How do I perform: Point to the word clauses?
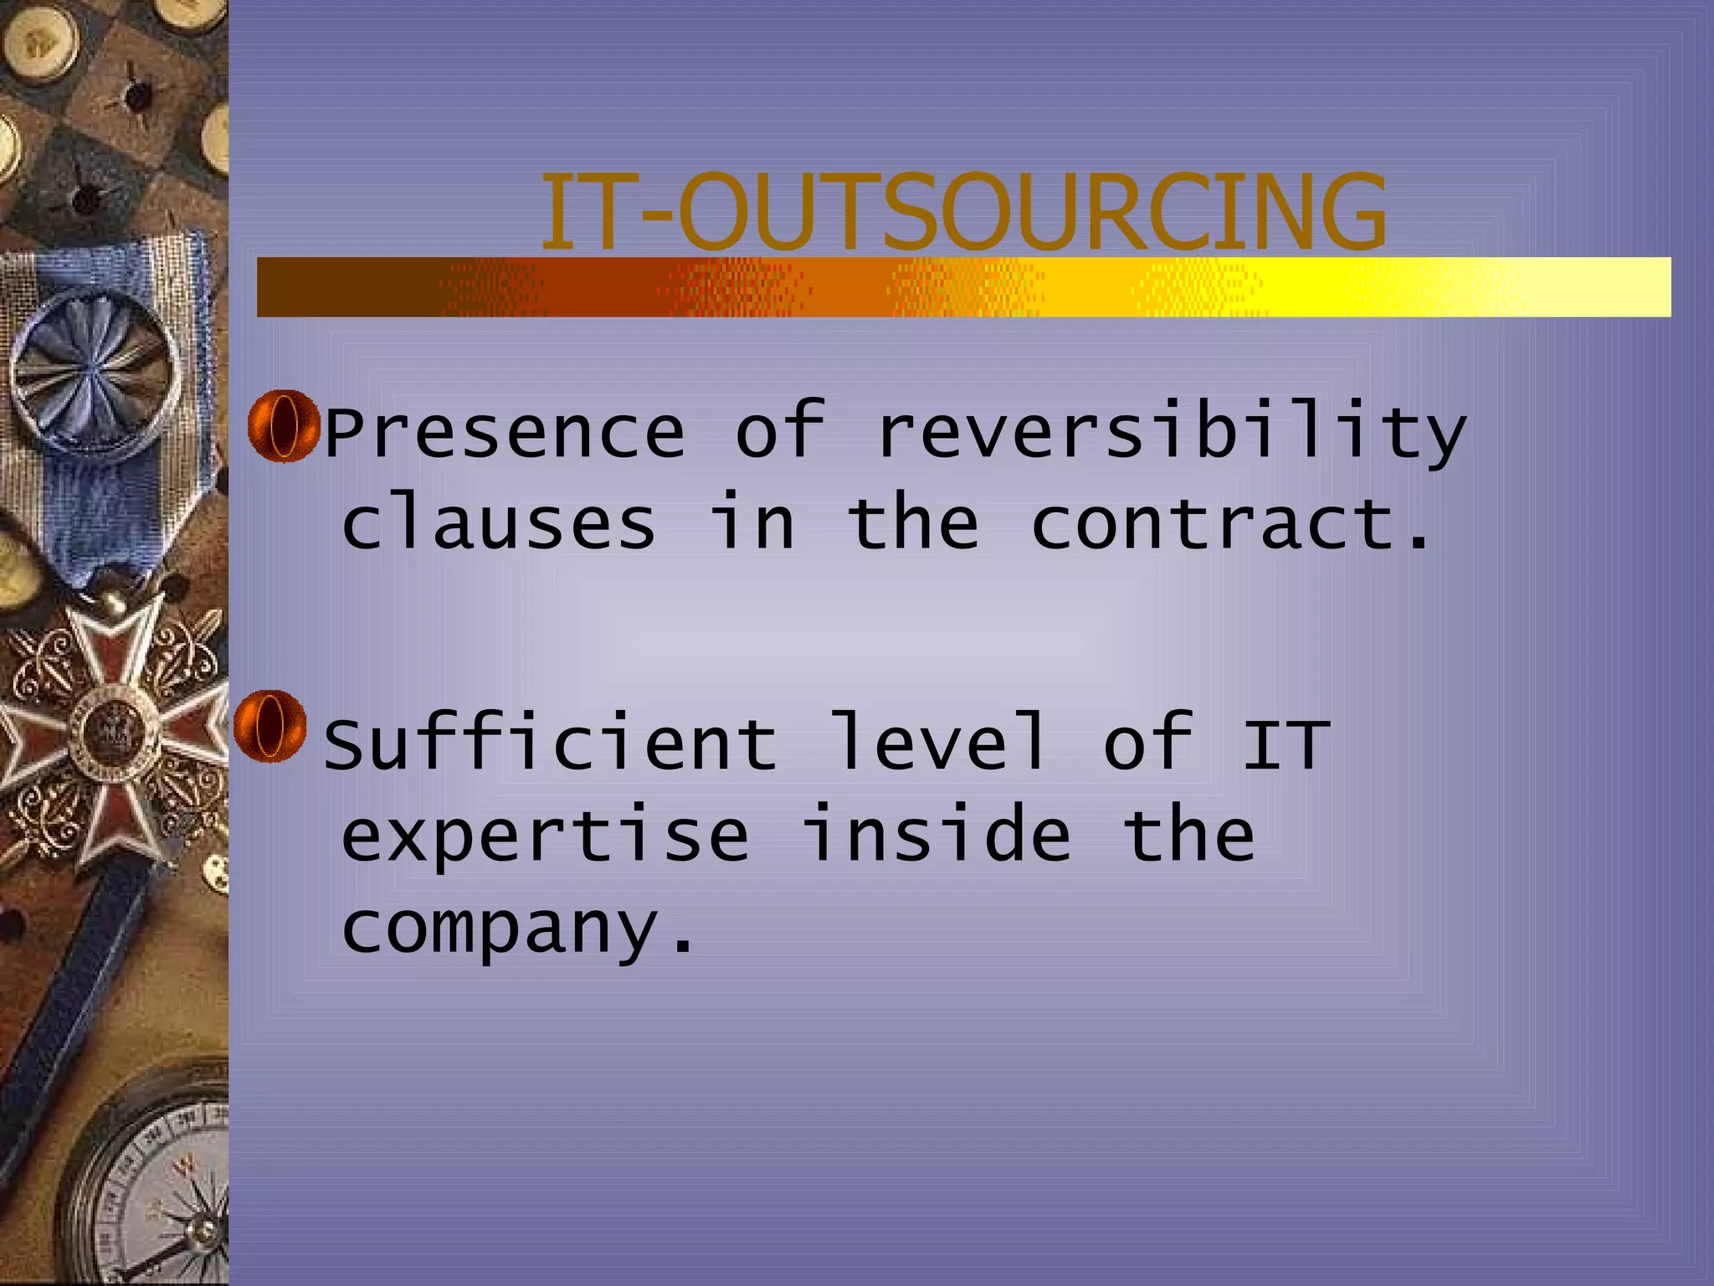(x=499, y=525)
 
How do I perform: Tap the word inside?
(x=937, y=835)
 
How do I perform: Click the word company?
(x=516, y=929)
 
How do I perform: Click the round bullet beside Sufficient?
(x=269, y=726)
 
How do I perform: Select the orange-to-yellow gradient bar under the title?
(x=962, y=287)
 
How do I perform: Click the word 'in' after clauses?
(x=752, y=525)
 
